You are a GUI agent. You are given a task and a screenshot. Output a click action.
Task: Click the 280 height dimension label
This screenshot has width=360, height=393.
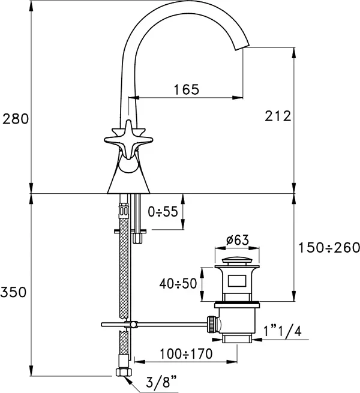[16, 119]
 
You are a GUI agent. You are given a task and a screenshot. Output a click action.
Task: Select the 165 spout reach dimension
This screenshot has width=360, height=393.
[187, 89]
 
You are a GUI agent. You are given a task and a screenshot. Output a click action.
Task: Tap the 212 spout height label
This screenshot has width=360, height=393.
[278, 116]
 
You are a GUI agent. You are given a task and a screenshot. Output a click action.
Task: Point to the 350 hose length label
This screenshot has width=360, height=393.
[14, 292]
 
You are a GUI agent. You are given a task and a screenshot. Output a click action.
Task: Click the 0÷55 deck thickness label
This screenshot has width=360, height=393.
[163, 212]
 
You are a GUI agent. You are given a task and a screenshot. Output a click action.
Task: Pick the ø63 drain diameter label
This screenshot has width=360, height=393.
[238, 240]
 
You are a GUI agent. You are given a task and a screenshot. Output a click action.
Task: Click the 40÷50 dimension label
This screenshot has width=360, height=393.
[178, 284]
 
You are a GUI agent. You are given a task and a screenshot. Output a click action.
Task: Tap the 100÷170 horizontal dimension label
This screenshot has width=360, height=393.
[186, 353]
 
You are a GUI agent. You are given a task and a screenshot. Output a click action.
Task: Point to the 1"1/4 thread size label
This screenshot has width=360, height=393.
[283, 332]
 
